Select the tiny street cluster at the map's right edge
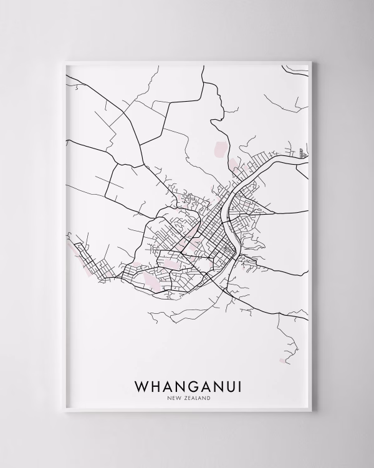[x=302, y=152]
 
